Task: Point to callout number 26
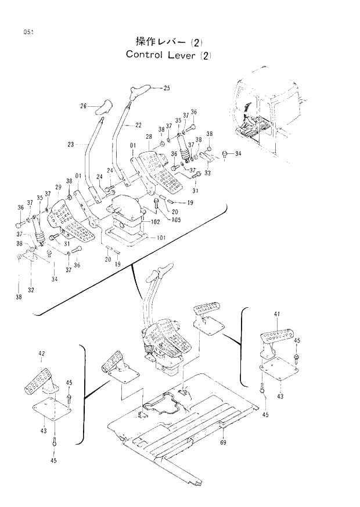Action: pos(83,106)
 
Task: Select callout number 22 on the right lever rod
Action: pos(138,125)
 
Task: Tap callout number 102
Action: pos(155,222)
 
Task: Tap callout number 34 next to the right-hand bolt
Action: pos(237,154)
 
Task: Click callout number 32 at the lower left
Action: pos(30,289)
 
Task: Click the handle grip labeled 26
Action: pos(102,107)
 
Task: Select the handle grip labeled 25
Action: pos(141,90)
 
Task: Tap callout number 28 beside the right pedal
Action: pos(149,136)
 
